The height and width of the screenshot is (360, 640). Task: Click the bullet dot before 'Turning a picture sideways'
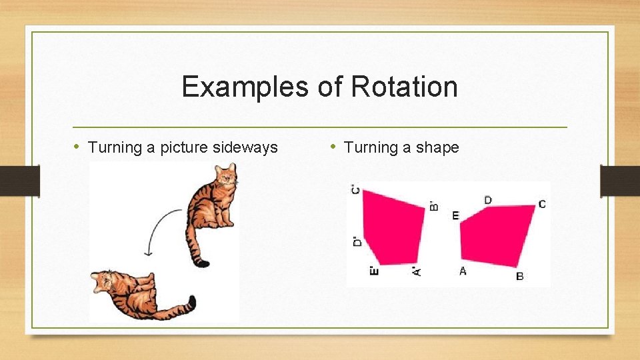pyautogui.click(x=77, y=147)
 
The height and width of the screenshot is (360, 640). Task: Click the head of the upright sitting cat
pyautogui.click(x=227, y=177)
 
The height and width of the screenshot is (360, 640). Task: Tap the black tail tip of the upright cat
pyautogui.click(x=200, y=263)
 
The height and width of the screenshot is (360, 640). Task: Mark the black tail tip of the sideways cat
pyautogui.click(x=191, y=303)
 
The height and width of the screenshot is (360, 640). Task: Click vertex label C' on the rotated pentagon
pyautogui.click(x=356, y=190)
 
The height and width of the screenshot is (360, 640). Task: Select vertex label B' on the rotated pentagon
pyautogui.click(x=434, y=206)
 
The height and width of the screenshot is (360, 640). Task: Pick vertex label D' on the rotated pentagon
pyautogui.click(x=357, y=241)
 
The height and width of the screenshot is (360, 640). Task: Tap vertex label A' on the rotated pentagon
pyautogui.click(x=416, y=271)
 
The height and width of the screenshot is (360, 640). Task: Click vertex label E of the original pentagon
pyautogui.click(x=455, y=215)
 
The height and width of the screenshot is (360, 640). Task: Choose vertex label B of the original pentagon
pyautogui.click(x=520, y=275)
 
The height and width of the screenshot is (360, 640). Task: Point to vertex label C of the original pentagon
pyautogui.click(x=542, y=204)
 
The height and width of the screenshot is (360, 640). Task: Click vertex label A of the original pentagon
pyautogui.click(x=463, y=271)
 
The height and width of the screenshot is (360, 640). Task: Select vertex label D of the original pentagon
pyautogui.click(x=488, y=200)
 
